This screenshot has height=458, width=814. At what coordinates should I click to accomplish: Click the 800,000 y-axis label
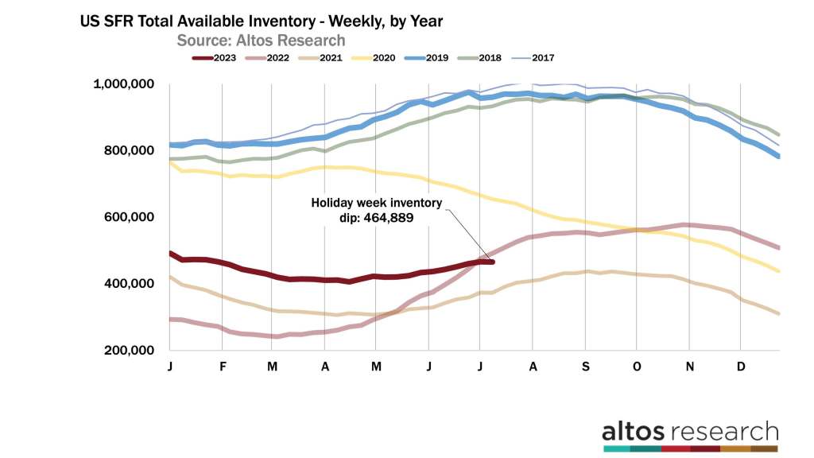point(128,150)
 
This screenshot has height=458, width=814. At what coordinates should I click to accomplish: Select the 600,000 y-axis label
point(128,217)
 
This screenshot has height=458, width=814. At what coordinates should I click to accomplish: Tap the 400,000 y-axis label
point(128,284)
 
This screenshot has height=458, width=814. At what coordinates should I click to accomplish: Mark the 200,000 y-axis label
point(128,351)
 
